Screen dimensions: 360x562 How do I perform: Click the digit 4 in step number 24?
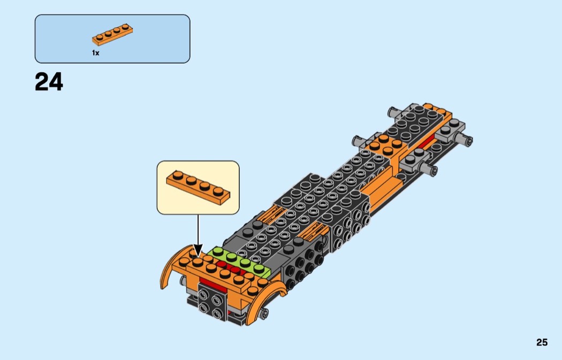(56, 82)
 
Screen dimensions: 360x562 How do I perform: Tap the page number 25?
(542, 342)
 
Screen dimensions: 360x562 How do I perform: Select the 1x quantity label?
(95, 53)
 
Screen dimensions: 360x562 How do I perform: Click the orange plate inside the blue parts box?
(112, 34)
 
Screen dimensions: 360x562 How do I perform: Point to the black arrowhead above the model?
(198, 250)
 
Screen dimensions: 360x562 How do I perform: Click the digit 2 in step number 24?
(42, 82)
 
